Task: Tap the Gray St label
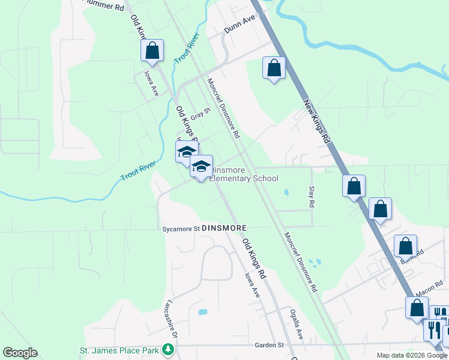coord(201,113)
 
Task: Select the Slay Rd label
coord(311,196)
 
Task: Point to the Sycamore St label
coord(180,229)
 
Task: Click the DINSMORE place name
coord(225,229)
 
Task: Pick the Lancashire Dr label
coord(170,316)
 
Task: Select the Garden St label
coord(268,345)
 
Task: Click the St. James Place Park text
coord(119,350)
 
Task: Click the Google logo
coord(20,353)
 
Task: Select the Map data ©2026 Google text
coord(412,355)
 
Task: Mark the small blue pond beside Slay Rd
coord(286,193)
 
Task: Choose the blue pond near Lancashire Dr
coord(202,312)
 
